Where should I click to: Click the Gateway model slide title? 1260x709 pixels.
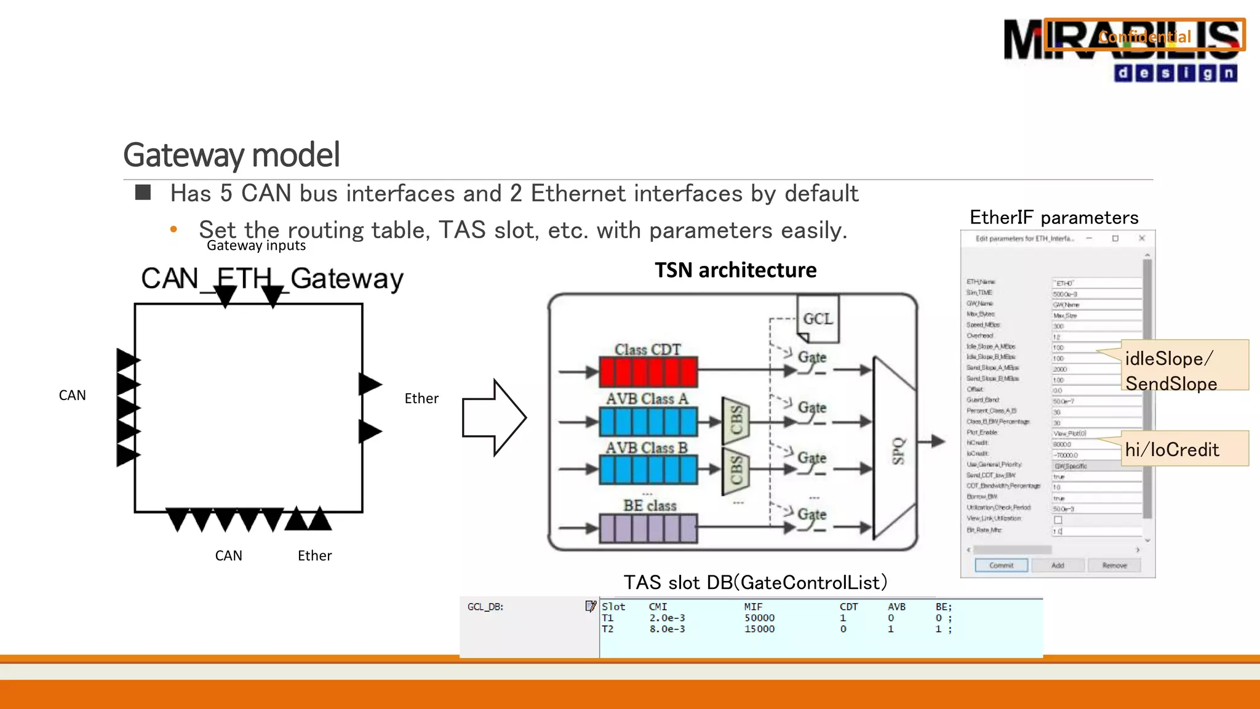[231, 154]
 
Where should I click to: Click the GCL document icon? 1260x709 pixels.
[818, 318]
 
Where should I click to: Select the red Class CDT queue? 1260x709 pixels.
[648, 372]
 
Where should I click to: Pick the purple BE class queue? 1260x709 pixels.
[648, 529]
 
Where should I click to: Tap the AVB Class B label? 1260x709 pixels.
[646, 447]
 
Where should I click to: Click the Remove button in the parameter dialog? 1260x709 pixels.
[1114, 565]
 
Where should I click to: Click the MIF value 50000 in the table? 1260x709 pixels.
[759, 618]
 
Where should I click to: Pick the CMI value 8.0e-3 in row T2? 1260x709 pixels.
[667, 629]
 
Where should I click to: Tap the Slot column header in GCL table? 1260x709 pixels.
[613, 607]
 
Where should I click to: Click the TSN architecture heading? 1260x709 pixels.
[735, 270]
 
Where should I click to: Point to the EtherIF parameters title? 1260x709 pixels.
[1054, 217]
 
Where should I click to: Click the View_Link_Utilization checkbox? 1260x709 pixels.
[1058, 519]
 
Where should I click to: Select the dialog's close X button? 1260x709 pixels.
[1142, 238]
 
